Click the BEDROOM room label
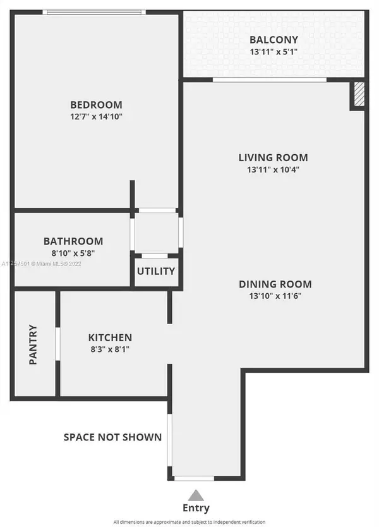point(96,105)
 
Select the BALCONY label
point(273,40)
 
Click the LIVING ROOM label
point(273,157)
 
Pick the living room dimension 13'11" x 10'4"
point(273,169)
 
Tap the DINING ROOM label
point(275,284)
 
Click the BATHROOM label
point(73,241)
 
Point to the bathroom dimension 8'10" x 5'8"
point(73,253)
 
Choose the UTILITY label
point(156,271)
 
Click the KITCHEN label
point(110,337)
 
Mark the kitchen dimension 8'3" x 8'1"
point(110,349)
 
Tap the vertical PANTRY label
point(33,344)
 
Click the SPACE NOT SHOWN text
point(112,437)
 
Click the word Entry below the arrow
point(196,507)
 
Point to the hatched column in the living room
point(358,94)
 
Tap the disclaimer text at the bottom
point(196,522)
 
